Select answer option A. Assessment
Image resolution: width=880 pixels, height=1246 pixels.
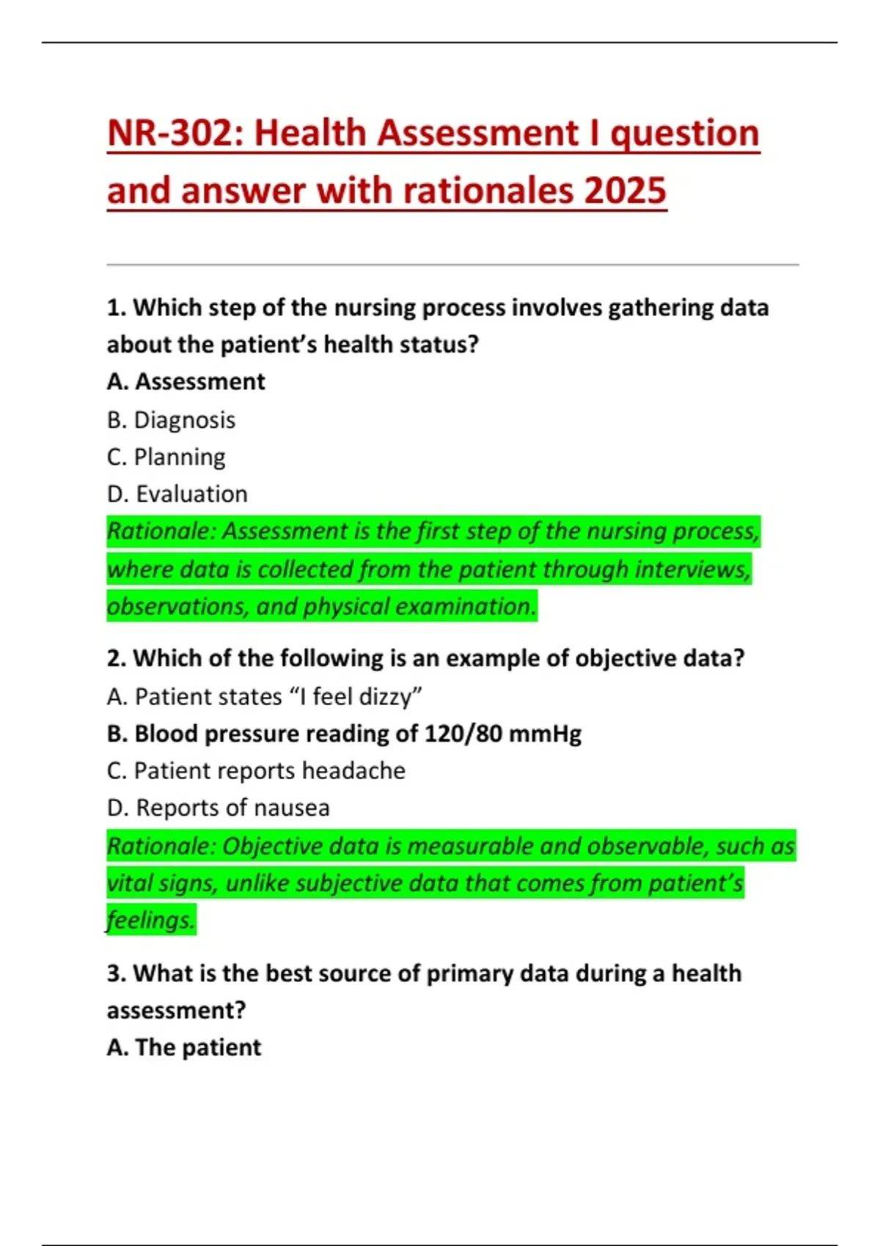(186, 382)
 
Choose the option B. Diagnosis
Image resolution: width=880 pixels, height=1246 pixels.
(171, 420)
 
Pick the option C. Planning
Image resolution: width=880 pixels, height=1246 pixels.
(166, 457)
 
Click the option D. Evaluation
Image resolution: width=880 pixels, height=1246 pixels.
(177, 494)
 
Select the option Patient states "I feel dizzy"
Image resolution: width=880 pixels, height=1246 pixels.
(264, 696)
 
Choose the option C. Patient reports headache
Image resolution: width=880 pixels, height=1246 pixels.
(256, 771)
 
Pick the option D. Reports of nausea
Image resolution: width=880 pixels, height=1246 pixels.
(218, 808)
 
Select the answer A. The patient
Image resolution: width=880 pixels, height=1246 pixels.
(183, 1047)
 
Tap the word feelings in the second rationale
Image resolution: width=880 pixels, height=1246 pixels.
(150, 920)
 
